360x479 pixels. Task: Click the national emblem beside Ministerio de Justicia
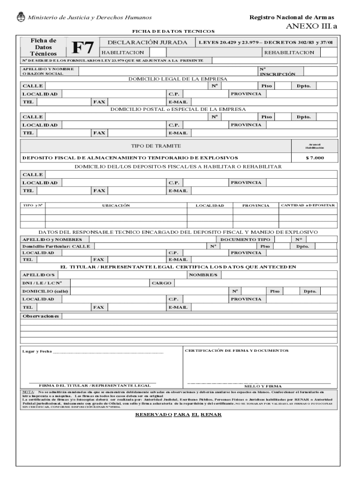coord(21,18)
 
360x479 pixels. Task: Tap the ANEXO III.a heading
coord(311,26)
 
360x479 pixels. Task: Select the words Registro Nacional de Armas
coord(292,17)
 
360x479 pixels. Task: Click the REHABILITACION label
coord(289,52)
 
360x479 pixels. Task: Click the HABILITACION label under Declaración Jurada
coord(120,52)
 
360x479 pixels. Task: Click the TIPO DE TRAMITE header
coord(156,146)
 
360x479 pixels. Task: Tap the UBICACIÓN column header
coord(116,205)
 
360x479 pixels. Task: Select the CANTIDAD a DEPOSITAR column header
coord(308,205)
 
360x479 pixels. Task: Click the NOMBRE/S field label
coord(203,275)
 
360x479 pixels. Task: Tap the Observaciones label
coord(41,316)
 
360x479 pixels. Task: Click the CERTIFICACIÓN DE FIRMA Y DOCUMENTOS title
coord(237,350)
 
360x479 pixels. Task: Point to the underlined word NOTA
coord(28,391)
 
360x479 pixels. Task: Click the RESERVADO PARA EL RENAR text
coord(178,415)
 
